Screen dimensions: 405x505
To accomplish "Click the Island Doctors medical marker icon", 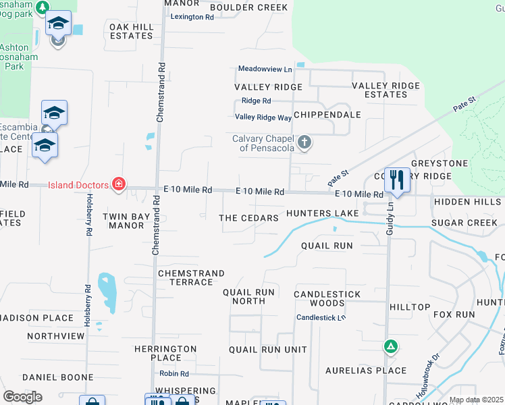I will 119,184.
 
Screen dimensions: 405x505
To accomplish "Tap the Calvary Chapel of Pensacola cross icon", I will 305,142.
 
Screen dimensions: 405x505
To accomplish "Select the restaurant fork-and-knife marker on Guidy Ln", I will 397,180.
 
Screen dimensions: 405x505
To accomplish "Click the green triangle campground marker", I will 390,347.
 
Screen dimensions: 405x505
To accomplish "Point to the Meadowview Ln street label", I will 265,69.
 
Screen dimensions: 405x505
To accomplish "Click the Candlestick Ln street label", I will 321,317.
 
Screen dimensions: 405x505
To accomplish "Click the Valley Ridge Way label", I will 263,117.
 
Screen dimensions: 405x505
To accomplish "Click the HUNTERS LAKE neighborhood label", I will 322,213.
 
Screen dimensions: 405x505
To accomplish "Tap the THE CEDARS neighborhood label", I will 249,218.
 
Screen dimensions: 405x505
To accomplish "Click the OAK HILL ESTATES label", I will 131,30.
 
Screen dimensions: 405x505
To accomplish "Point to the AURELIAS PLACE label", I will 366,371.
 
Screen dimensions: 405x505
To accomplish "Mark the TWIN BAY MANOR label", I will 123,220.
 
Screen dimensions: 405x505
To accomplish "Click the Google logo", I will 22,397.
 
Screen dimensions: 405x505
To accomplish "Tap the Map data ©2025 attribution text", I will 476,400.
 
